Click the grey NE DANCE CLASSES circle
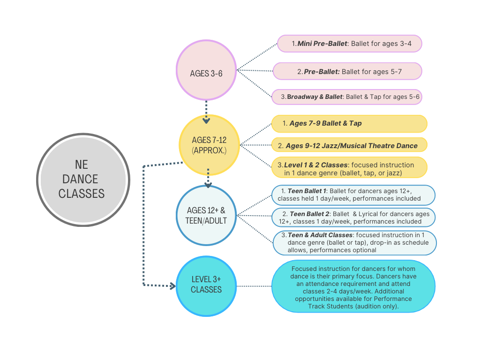(x=83, y=180)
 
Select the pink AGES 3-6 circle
(x=206, y=70)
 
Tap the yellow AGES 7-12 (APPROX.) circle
(x=209, y=145)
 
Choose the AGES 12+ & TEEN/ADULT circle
(x=206, y=216)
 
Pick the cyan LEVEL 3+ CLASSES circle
(x=206, y=286)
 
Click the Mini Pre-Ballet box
(x=350, y=44)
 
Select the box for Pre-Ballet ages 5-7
(x=347, y=71)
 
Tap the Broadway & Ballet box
(x=347, y=97)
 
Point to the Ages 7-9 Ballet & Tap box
(x=349, y=124)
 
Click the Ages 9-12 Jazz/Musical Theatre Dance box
(x=349, y=145)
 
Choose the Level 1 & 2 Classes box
(x=349, y=167)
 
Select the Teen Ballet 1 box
(x=353, y=195)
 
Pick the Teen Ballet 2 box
(x=353, y=217)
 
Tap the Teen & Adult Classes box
(x=354, y=243)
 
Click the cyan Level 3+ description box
(x=353, y=286)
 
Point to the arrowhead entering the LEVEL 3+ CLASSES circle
(x=173, y=286)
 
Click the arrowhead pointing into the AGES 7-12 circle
(x=206, y=120)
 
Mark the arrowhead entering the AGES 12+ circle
(x=208, y=185)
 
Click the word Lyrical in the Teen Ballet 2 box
(x=369, y=214)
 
